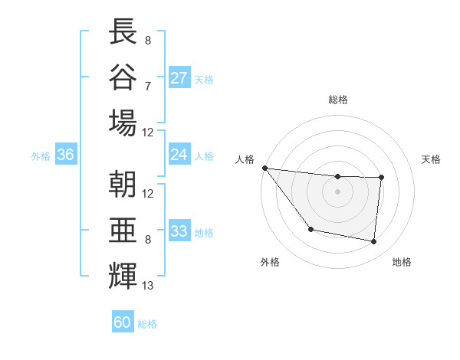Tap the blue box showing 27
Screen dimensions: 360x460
pyautogui.click(x=179, y=77)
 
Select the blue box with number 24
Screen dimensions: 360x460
pyautogui.click(x=179, y=155)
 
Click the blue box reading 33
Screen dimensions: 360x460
pyautogui.click(x=179, y=231)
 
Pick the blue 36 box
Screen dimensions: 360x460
pyautogui.click(x=66, y=155)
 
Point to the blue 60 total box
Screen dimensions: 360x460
pyautogui.click(x=123, y=322)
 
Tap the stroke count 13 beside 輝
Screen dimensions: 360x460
pyautogui.click(x=148, y=286)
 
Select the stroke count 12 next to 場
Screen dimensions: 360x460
pyautogui.click(x=148, y=131)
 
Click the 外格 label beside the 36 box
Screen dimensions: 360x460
pyautogui.click(x=41, y=155)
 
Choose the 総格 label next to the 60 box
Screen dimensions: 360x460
pyautogui.click(x=147, y=323)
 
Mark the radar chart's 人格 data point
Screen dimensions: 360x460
pyautogui.click(x=264, y=168)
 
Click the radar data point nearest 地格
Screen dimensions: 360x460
pyautogui.click(x=374, y=242)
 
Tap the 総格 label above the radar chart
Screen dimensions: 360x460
pyautogui.click(x=337, y=100)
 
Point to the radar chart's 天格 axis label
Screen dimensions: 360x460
pyautogui.click(x=432, y=159)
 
